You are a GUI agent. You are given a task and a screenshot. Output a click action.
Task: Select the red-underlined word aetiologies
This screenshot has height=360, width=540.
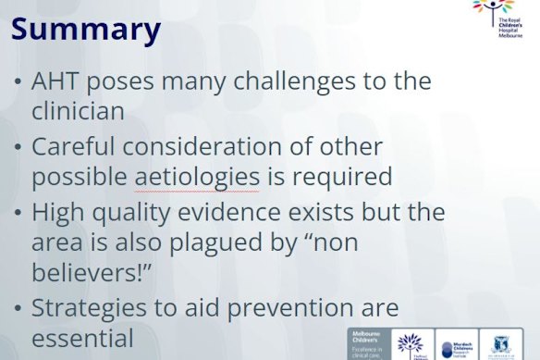pyautogui.click(x=197, y=177)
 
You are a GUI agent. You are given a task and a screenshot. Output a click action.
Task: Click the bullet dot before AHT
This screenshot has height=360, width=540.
pyautogui.click(x=19, y=82)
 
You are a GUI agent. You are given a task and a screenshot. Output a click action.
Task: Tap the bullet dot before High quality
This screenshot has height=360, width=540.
pyautogui.click(x=19, y=212)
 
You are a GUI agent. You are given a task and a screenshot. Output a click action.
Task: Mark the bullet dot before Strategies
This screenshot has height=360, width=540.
pyautogui.click(x=19, y=308)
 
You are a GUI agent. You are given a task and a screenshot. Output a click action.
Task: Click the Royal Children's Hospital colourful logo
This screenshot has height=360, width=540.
pyautogui.click(x=500, y=18)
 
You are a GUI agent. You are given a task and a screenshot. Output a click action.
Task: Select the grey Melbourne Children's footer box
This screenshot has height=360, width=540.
pyautogui.click(x=368, y=343)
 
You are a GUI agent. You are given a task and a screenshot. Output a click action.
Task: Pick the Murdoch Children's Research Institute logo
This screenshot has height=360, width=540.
pyautogui.click(x=460, y=343)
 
